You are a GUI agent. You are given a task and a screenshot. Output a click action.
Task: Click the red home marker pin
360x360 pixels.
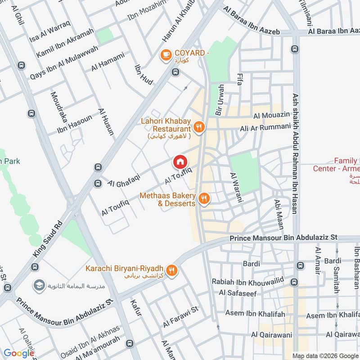click(x=180, y=162)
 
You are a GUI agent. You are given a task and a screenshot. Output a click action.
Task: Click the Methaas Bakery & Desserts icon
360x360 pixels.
click(x=204, y=198)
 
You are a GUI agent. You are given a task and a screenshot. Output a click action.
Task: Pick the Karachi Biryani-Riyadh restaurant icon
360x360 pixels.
click(x=171, y=270)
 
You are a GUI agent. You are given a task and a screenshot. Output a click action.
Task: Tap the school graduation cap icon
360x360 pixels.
click(x=38, y=285)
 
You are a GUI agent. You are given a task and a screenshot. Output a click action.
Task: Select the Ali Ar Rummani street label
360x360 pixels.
click(x=265, y=128)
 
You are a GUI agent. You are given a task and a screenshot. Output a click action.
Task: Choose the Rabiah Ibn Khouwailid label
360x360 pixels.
click(x=247, y=282)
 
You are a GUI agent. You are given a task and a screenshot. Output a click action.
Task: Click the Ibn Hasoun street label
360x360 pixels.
click(x=74, y=125)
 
